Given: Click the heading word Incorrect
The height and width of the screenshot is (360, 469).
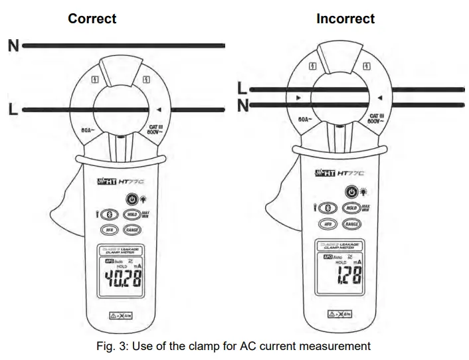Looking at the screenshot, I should (x=345, y=19).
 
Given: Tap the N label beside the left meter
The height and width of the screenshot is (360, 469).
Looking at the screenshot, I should (x=13, y=46).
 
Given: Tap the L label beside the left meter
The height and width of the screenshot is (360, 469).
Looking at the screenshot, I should (x=13, y=109).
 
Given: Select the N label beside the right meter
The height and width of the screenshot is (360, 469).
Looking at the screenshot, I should (x=242, y=104).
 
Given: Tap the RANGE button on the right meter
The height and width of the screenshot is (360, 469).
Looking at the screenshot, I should (x=352, y=225).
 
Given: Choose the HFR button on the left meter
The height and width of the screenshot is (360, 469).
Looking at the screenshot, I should (x=108, y=230).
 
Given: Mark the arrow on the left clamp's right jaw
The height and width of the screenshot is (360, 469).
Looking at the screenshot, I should (x=159, y=110).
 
